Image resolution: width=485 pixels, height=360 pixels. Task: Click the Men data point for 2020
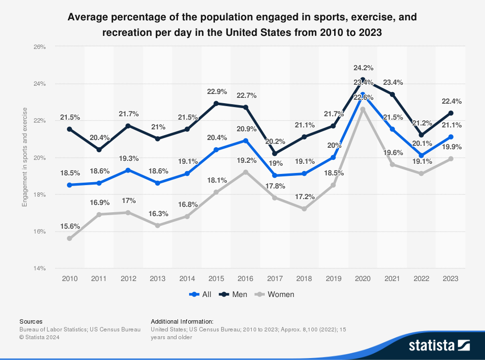[362, 79]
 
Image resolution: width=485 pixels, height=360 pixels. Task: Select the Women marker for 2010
[70, 238]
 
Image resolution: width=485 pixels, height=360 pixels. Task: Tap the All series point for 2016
[245, 141]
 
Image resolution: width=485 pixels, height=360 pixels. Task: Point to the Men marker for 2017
[275, 154]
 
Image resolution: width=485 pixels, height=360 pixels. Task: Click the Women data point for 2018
[304, 209]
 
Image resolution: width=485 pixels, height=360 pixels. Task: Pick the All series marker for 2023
[451, 137]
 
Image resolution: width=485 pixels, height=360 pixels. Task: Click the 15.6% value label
[70, 226]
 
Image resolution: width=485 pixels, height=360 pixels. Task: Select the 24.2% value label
[363, 67]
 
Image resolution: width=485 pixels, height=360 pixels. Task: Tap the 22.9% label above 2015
[217, 91]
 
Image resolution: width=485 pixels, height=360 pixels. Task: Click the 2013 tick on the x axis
[158, 279]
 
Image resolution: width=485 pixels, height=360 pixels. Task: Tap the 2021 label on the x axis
[392, 279]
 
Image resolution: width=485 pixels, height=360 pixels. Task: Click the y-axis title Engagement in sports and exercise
[24, 157]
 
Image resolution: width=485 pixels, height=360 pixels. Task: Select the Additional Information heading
[182, 321]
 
